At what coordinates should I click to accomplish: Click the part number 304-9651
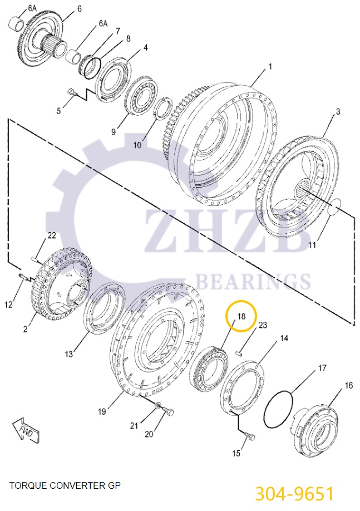294,493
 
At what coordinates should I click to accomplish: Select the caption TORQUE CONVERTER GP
65,485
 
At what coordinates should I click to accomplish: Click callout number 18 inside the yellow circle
241,316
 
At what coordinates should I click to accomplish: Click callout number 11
312,244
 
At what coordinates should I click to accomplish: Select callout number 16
348,385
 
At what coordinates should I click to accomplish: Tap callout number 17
322,368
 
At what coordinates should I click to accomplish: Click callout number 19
102,411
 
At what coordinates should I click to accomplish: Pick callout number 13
68,353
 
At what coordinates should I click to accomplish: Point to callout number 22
51,235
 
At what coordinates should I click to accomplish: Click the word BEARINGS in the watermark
254,281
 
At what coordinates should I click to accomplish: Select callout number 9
113,132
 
